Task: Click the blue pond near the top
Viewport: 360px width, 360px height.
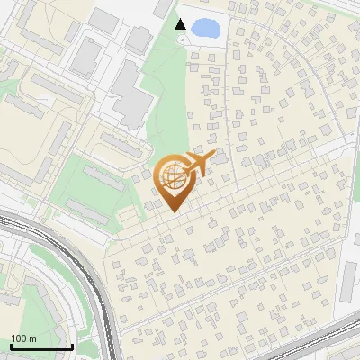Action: (205, 28)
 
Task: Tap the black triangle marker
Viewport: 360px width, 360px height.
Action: (181, 24)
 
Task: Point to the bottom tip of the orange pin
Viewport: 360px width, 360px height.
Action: (173, 212)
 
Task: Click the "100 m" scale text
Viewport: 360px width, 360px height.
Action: (23, 338)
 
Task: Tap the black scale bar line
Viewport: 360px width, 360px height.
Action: (40, 346)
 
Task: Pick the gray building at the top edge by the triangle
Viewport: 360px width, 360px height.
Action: (163, 8)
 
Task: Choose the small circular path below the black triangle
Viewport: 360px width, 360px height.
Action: (183, 40)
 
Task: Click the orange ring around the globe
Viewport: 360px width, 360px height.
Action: (159, 175)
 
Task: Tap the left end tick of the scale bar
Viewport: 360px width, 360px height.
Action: (10, 346)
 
